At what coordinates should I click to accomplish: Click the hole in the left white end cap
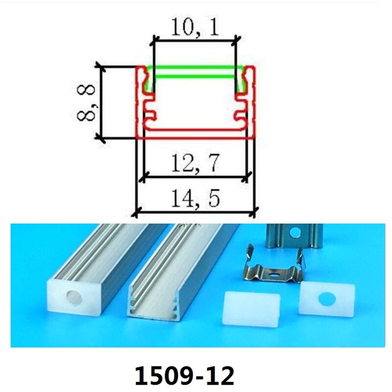click(73, 297)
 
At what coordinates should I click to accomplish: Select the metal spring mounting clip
click(274, 269)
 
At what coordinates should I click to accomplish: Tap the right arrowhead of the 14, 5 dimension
click(255, 212)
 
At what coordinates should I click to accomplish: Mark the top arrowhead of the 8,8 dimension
click(100, 67)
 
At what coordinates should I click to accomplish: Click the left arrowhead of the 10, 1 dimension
click(154, 37)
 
